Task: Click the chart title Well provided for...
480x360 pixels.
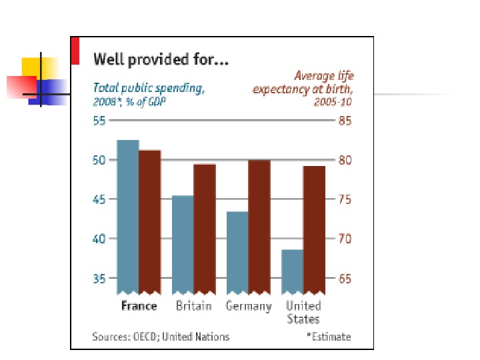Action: click(x=161, y=60)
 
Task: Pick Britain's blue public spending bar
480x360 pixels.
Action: click(x=183, y=244)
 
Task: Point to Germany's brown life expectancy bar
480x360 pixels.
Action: click(x=259, y=227)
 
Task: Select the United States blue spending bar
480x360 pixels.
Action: click(x=292, y=271)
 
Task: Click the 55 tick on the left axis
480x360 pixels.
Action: click(x=99, y=121)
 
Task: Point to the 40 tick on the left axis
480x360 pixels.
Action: click(x=99, y=239)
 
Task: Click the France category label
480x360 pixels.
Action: click(x=139, y=306)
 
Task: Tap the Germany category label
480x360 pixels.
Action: click(x=249, y=306)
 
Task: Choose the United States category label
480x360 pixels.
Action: click(x=303, y=312)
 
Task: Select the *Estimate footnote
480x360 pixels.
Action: click(x=328, y=337)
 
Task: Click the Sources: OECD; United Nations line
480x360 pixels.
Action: click(x=161, y=337)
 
